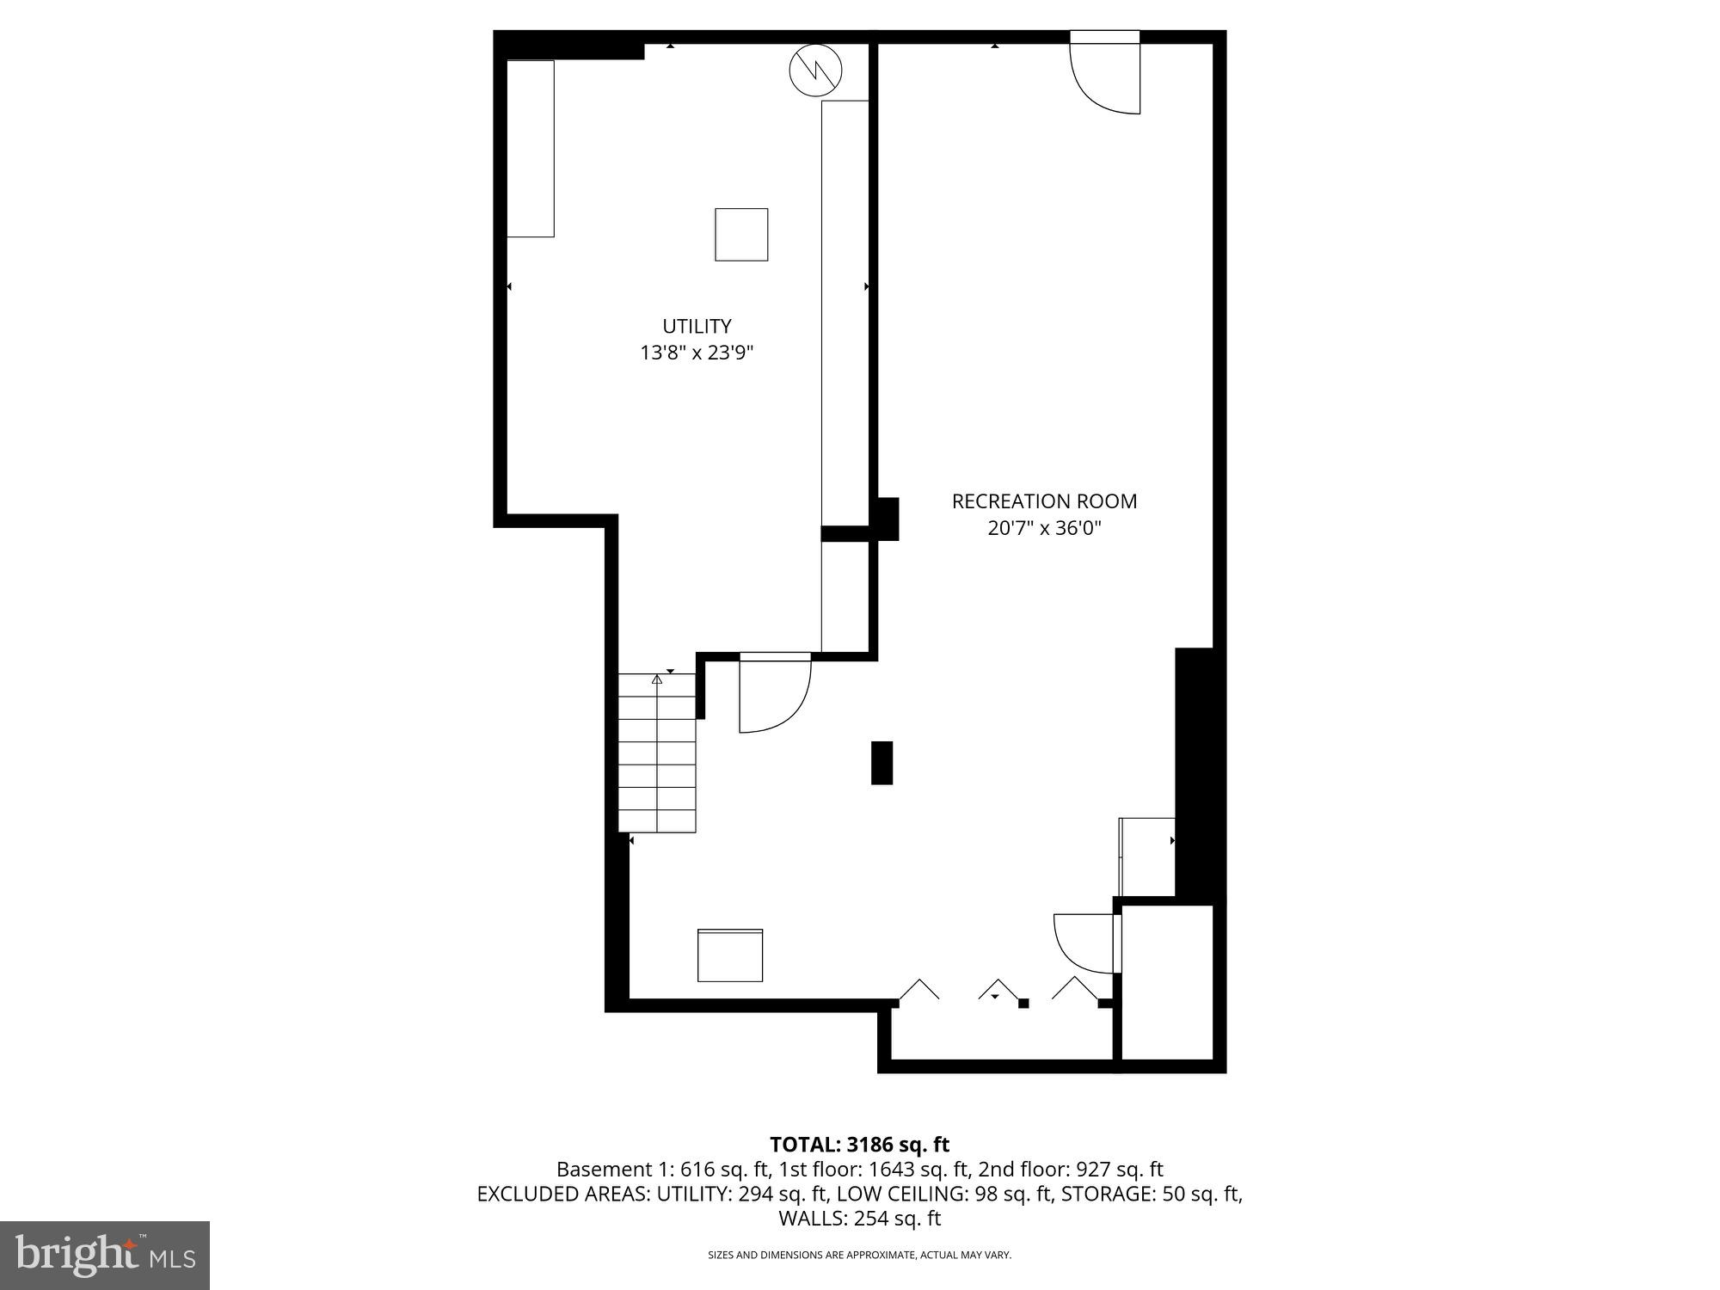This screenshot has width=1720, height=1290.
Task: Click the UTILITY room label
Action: [x=697, y=326]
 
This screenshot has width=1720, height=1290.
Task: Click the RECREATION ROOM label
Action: [x=1044, y=501]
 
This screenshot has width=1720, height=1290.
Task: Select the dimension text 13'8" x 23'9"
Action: [x=697, y=353]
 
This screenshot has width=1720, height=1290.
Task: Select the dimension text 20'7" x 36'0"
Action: [x=1044, y=527]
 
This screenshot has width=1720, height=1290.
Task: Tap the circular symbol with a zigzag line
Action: [x=815, y=71]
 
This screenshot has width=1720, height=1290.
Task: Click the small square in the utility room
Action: [x=741, y=234]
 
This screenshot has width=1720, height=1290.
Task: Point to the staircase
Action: [x=657, y=753]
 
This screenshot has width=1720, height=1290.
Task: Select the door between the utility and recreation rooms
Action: [x=774, y=692]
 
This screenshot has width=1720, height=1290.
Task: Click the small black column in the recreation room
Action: [x=881, y=763]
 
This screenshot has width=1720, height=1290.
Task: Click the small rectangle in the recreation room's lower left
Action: [x=730, y=955]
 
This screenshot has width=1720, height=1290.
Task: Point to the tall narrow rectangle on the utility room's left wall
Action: [x=530, y=148]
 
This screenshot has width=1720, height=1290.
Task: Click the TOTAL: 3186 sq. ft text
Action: [x=859, y=1145]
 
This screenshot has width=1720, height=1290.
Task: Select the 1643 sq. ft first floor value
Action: [x=924, y=1170]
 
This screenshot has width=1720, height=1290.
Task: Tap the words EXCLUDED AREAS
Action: [x=562, y=1194]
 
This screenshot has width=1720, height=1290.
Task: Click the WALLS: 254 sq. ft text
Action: [x=859, y=1218]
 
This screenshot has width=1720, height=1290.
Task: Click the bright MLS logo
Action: [x=105, y=1255]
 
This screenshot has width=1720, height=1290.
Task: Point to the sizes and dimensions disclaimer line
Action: [x=859, y=1255]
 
